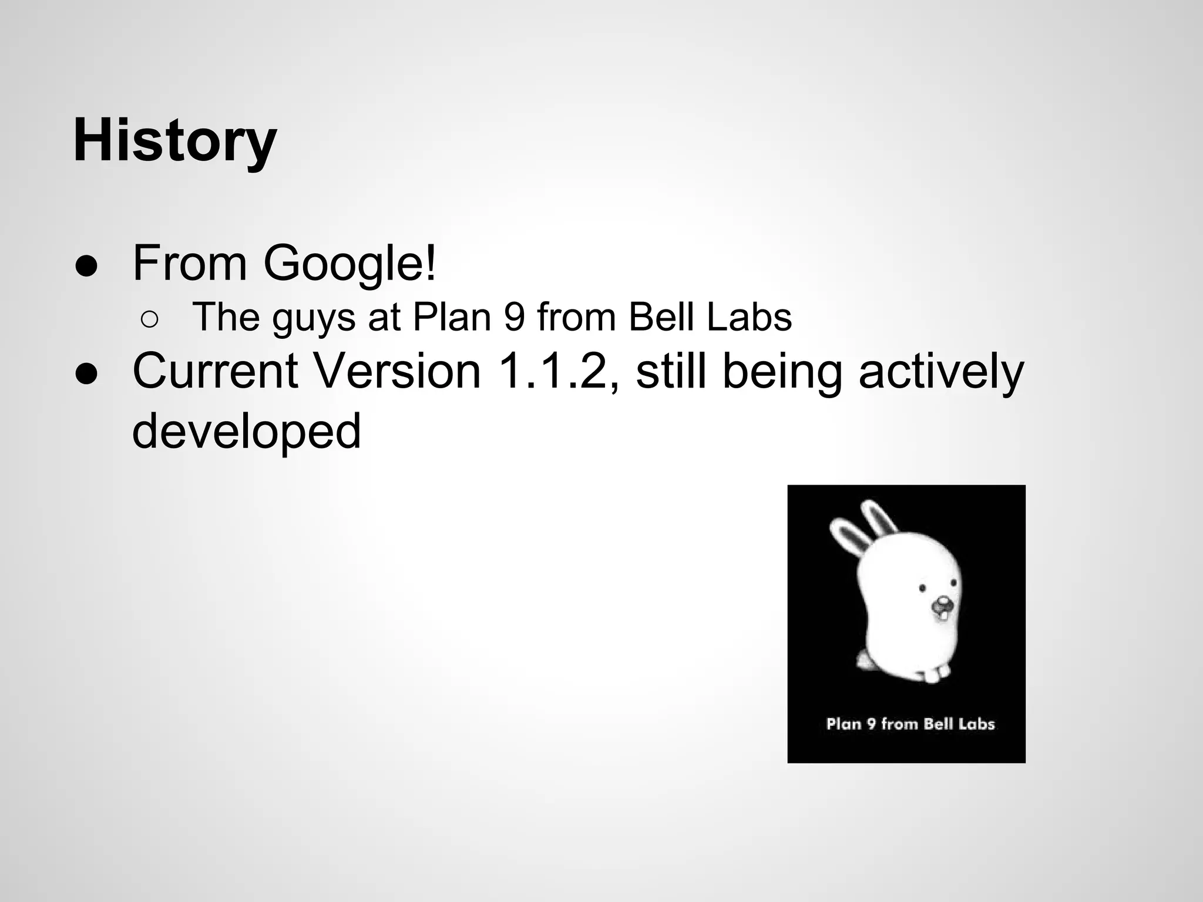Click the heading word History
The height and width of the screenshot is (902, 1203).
[x=174, y=141]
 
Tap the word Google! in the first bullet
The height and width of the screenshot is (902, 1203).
[x=350, y=262]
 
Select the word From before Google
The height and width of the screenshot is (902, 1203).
[x=190, y=262]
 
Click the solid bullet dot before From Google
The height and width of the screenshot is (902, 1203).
[x=86, y=266]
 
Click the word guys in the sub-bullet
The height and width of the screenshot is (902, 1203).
[x=314, y=318]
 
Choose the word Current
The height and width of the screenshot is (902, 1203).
[x=215, y=371]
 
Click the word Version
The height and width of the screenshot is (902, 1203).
[x=398, y=371]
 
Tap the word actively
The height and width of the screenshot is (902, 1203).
[x=941, y=372]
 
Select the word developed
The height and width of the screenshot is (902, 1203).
[x=246, y=431]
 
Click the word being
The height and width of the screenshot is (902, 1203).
[x=782, y=372]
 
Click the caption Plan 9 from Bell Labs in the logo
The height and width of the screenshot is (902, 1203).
[x=910, y=724]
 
